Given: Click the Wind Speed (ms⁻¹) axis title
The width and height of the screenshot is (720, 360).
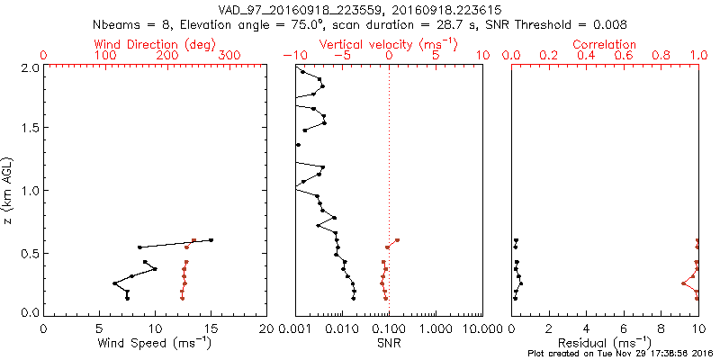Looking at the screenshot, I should click(x=155, y=342).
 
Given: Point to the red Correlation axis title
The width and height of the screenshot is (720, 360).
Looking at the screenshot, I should click(x=604, y=44).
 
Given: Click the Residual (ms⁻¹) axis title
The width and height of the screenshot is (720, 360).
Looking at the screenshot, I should click(x=604, y=342).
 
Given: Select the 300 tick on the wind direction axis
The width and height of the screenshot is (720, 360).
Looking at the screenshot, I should click(x=229, y=56).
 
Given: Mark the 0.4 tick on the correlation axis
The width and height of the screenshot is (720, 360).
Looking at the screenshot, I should click(x=585, y=56).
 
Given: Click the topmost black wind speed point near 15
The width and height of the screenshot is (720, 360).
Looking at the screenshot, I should click(x=211, y=239).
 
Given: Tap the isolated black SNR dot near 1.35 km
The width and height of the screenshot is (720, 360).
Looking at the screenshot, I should click(x=298, y=145).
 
